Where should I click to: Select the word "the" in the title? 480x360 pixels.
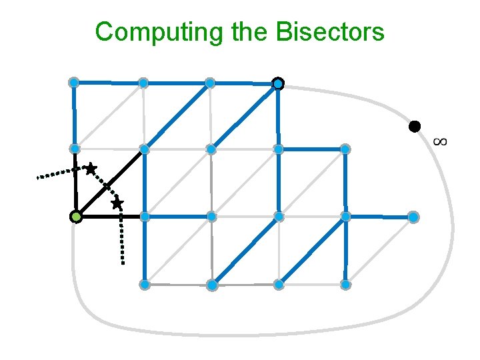pos(247,31)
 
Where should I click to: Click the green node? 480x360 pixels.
pos(77,217)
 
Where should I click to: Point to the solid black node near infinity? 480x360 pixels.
pos(415,126)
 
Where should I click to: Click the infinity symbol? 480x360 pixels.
pos(439,141)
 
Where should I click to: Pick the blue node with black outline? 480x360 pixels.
pos(278,84)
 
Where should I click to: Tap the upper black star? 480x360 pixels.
pos(91,169)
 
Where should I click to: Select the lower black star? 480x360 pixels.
pos(117,203)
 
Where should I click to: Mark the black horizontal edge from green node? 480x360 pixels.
pos(110,217)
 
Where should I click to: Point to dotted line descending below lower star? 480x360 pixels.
pos(122,237)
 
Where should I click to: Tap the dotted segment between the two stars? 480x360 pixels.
pos(104,186)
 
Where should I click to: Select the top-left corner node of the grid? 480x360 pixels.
pos(74,83)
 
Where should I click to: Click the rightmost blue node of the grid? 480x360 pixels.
pos(413,217)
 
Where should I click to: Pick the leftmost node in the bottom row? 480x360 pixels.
pos(144,285)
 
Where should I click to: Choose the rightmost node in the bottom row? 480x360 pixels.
pos(345,285)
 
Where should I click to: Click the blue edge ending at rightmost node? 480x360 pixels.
pos(380,217)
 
